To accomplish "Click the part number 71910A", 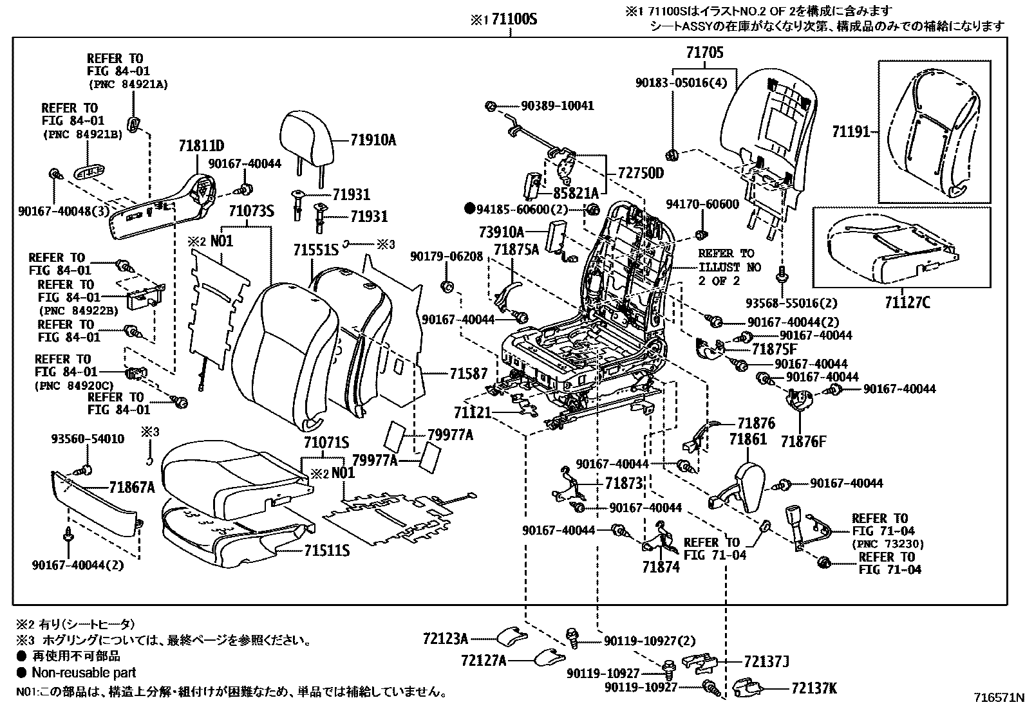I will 373,139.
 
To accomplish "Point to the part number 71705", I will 704,52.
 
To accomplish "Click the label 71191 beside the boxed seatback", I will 850,132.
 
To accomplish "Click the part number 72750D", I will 641,174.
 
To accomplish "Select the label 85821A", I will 576,192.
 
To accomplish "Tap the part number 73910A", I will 502,231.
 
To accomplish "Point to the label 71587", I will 468,373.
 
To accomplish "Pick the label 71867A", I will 132,487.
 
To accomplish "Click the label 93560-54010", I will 88,439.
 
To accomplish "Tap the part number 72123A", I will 445,639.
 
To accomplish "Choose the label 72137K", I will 813,688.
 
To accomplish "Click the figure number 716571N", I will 998,698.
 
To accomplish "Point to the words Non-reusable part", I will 84,673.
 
